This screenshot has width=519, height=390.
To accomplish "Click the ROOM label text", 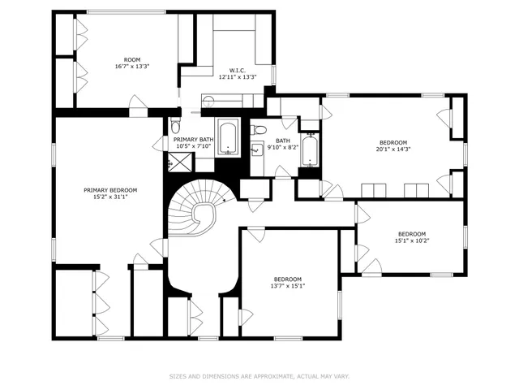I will (x=131, y=59).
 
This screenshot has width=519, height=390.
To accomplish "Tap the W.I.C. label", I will (x=238, y=70).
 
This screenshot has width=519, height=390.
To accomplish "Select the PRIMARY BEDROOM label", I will (x=110, y=190).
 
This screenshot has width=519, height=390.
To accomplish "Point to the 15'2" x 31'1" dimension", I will (x=110, y=198).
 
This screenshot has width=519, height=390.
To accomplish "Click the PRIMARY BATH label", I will (x=194, y=140).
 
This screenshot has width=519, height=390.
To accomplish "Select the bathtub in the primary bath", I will (x=229, y=137).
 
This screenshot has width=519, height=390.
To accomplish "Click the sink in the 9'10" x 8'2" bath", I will (x=257, y=149).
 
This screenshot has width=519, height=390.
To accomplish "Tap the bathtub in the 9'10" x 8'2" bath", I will (x=310, y=149).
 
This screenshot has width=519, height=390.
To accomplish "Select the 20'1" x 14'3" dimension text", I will (x=393, y=149).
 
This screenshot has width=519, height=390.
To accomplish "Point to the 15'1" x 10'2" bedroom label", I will (x=411, y=234).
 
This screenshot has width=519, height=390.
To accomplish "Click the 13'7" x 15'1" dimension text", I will (x=287, y=286).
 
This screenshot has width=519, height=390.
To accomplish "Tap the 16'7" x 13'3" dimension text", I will (x=131, y=67).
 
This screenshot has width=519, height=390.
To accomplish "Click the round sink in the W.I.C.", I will (x=208, y=100).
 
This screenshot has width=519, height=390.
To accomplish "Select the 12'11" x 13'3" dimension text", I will (x=238, y=77).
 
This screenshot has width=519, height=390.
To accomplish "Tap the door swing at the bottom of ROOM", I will (x=138, y=103).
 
